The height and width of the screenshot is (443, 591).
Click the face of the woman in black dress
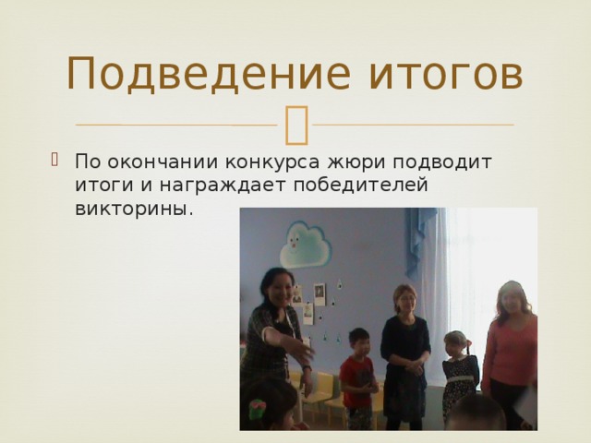pyautogui.click(x=404, y=299)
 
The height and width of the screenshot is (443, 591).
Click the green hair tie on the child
pyautogui.click(x=258, y=405)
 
